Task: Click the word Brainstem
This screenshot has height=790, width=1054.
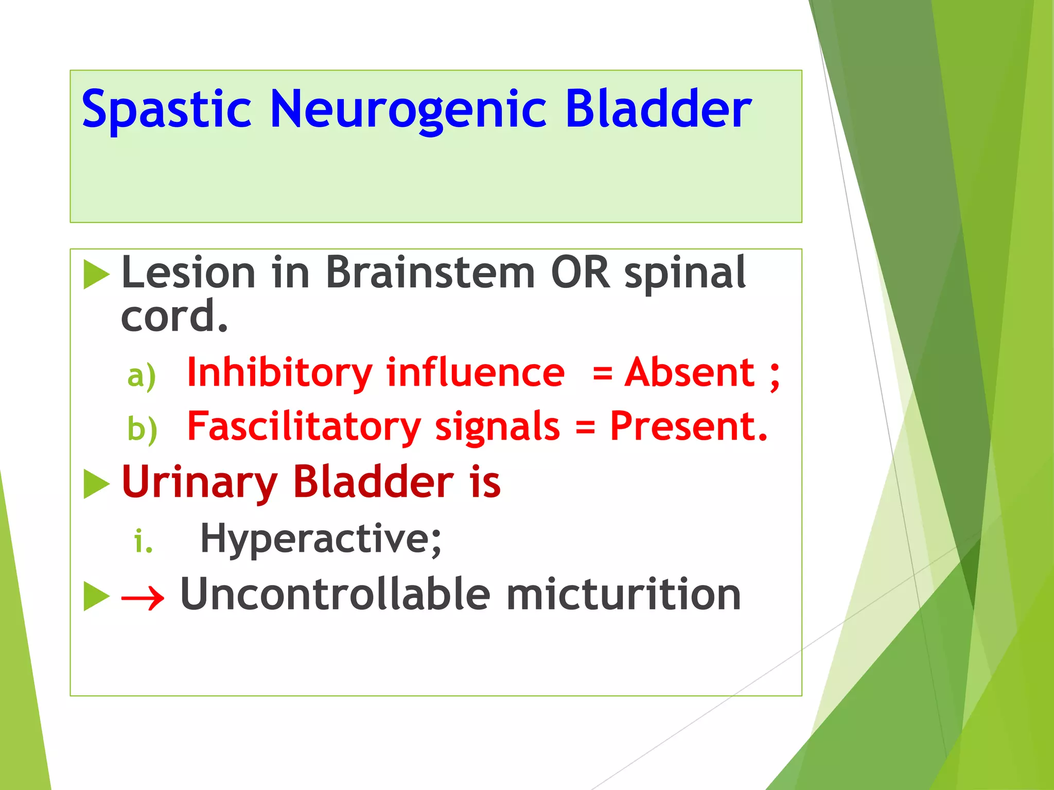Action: point(430,273)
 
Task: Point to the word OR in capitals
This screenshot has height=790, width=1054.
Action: point(580,273)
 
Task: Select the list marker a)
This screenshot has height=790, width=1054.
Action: point(142,376)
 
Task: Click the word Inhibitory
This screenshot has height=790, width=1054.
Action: point(279,373)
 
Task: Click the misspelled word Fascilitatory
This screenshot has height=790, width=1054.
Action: point(304,427)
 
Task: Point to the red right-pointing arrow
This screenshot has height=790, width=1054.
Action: point(143,598)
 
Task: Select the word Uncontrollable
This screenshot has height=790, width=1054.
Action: point(335,594)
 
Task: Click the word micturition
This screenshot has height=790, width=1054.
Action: point(623,594)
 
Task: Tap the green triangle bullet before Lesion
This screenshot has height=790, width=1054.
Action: point(96,274)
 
